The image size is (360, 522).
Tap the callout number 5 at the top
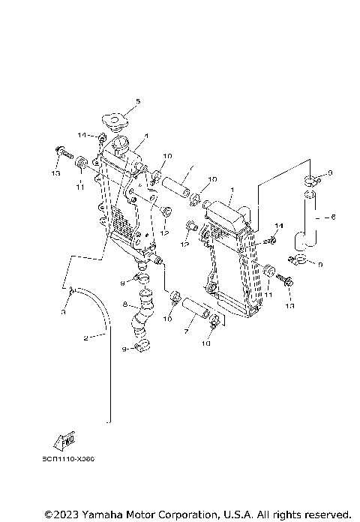click(x=137, y=101)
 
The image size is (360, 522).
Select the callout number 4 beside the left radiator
click(x=146, y=136)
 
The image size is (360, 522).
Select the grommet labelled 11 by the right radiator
click(x=269, y=273)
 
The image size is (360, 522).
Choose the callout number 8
click(x=126, y=305)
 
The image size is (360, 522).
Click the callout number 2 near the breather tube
click(x=85, y=339)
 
